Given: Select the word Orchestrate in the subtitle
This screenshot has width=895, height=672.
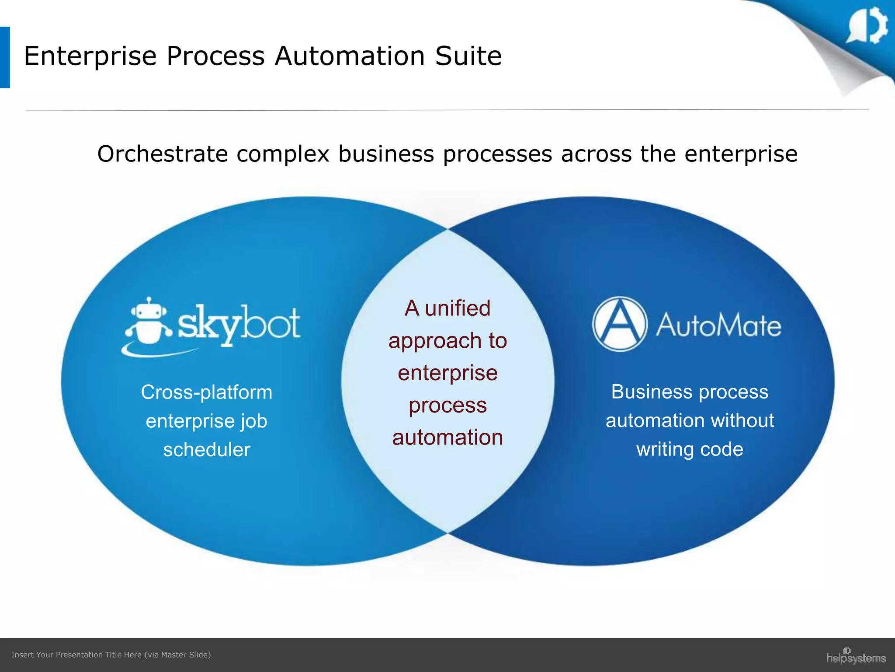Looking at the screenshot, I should click(163, 154).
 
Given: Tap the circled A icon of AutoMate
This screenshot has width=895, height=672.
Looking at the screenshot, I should click(619, 324).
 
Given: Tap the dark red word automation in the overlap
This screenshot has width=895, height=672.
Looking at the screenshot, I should click(447, 437).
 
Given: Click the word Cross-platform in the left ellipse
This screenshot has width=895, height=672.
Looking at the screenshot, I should click(206, 392).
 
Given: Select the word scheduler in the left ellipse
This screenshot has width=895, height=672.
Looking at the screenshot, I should click(207, 450).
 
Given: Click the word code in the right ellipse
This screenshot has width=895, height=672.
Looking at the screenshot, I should click(721, 449).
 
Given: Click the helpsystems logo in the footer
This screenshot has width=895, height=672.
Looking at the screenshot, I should click(856, 657).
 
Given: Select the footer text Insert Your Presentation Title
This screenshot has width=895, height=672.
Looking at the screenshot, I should click(76, 654).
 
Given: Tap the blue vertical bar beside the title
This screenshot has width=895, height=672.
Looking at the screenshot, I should click(5, 57).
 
